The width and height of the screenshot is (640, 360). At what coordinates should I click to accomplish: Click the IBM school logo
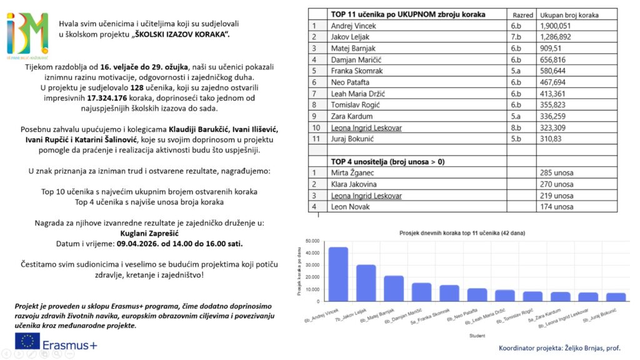27,34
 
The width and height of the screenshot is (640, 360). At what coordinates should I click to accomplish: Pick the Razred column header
522,14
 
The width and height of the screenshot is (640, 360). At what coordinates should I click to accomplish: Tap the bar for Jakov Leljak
366,283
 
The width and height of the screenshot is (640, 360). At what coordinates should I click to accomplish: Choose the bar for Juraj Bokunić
616,297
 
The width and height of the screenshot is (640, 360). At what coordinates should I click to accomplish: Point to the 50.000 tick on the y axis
311,241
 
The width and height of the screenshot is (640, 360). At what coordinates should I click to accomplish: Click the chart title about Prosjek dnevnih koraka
462,232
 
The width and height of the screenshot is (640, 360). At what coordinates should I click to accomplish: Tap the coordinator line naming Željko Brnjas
559,347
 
